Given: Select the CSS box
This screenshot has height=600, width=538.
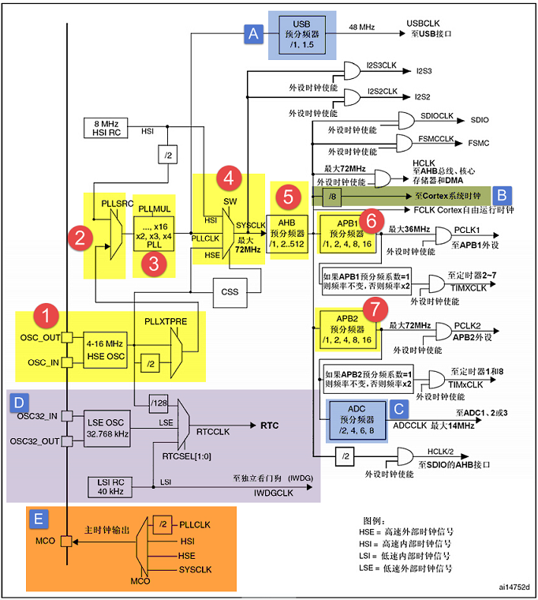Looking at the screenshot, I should [230, 291].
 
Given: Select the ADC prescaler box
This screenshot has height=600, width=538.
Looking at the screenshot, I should [356, 414].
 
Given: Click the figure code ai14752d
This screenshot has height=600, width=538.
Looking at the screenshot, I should [513, 587].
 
